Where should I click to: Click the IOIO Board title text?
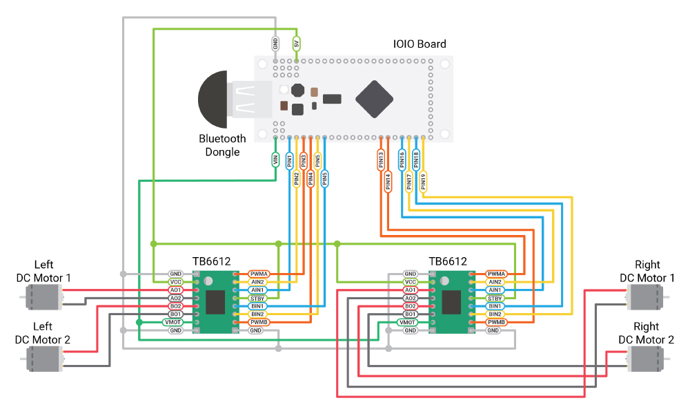pos(420,44)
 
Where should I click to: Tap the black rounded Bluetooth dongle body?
pos(213,100)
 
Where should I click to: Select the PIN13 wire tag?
pos(381,160)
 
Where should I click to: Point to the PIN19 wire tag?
pos(424,181)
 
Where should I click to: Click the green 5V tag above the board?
pos(297,44)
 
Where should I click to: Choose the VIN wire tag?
pos(275,160)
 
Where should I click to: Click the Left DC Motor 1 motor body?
pos(43,297)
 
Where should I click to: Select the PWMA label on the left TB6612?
pos(259,274)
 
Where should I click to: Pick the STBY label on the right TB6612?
pos(495,299)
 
